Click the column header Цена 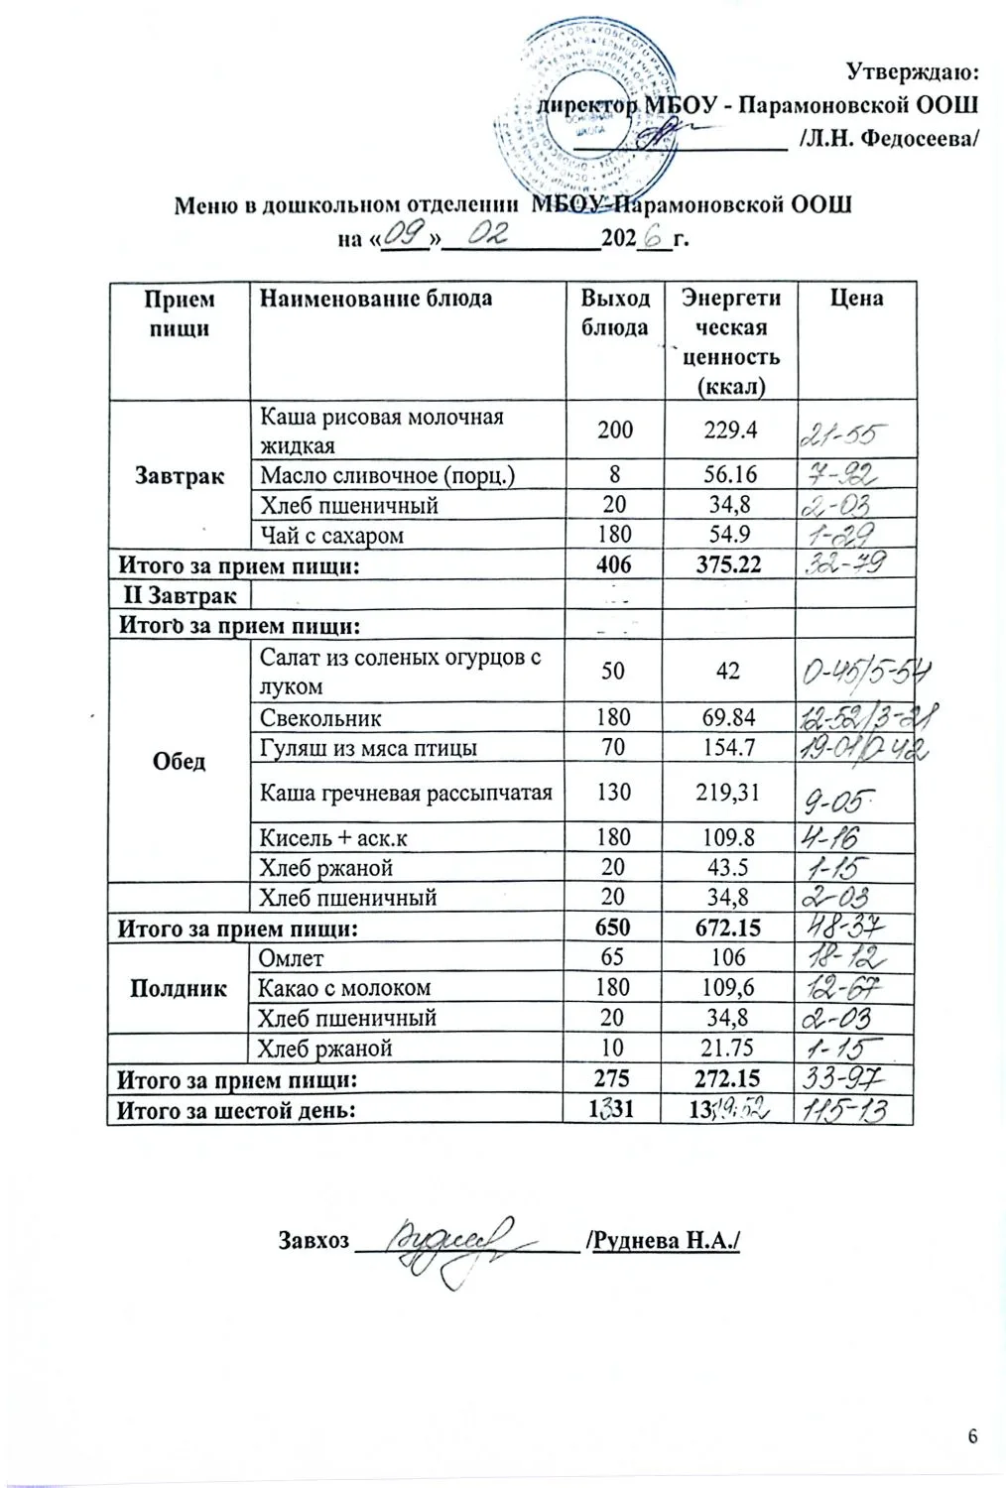pyautogui.click(x=856, y=298)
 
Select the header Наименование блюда pyautogui.click(x=375, y=298)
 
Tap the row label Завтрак pyautogui.click(x=178, y=475)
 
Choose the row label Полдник pyautogui.click(x=178, y=988)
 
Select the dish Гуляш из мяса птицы pyautogui.click(x=367, y=747)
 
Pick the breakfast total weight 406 pyautogui.click(x=614, y=565)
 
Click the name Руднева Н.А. pyautogui.click(x=665, y=1241)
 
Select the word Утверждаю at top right pyautogui.click(x=913, y=70)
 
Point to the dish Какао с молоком pyautogui.click(x=343, y=988)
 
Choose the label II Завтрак pyautogui.click(x=179, y=595)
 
